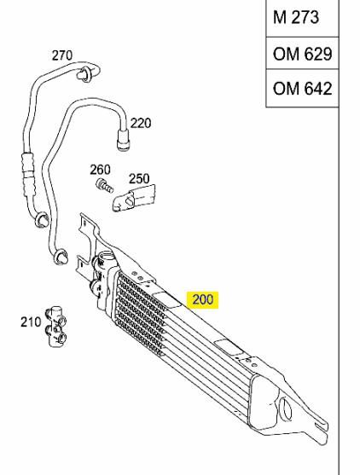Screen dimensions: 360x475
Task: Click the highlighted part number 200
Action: pos(203,299)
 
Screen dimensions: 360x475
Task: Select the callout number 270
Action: pos(62,55)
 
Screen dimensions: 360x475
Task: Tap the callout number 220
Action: pos(141,124)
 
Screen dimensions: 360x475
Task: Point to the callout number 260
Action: pos(100,170)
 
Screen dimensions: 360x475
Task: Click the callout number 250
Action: pos(139,179)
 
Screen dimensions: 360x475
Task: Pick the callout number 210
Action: pos(31,321)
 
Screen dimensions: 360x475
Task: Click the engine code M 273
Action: pos(296,17)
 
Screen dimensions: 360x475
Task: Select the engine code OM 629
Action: pos(303,55)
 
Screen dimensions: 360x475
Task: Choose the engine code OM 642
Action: pos(303,89)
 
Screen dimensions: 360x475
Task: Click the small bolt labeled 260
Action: pos(105,186)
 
